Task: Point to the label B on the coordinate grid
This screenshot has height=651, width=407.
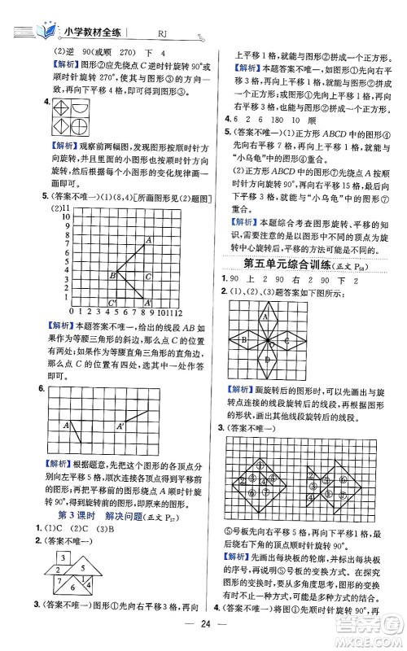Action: [x=112, y=299]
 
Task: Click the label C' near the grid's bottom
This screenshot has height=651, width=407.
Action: [x=112, y=325]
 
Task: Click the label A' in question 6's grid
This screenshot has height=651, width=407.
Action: [x=120, y=425]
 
